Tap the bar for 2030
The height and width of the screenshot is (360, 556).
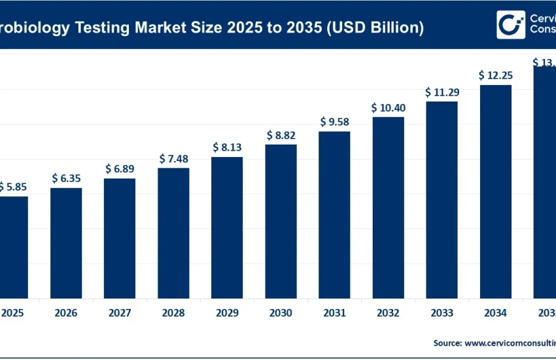pyautogui.click(x=281, y=221)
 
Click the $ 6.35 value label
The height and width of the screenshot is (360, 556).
pyautogui.click(x=66, y=178)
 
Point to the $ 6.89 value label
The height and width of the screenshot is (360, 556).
pyautogui.click(x=120, y=169)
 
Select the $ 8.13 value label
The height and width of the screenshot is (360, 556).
pyautogui.click(x=227, y=147)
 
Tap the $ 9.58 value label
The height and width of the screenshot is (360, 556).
pyautogui.click(x=334, y=122)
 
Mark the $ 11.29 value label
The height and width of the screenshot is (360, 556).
pyautogui.click(x=442, y=92)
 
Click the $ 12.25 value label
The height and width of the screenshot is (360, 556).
pyautogui.click(x=495, y=75)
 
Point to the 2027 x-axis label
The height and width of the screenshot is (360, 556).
pyautogui.click(x=120, y=314)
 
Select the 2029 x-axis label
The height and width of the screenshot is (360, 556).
pyautogui.click(x=227, y=314)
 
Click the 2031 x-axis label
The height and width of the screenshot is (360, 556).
pyautogui.click(x=334, y=314)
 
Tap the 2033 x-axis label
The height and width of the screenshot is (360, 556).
pyautogui.click(x=442, y=314)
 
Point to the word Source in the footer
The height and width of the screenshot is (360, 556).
pyautogui.click(x=447, y=342)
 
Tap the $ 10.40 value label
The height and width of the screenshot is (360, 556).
pyautogui.click(x=388, y=107)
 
